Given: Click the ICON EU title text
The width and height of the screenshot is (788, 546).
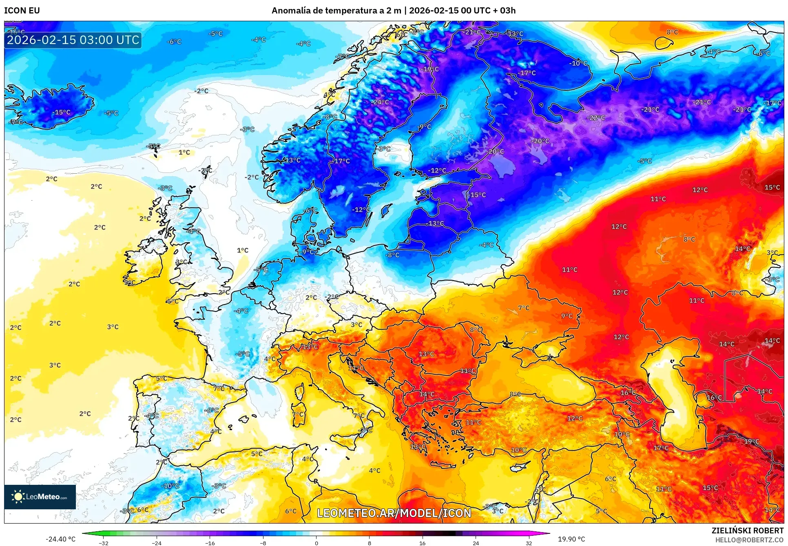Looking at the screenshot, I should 22,11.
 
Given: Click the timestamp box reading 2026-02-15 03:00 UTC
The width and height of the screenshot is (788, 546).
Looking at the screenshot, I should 73,40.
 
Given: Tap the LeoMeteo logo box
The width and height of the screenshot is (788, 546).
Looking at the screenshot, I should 40,497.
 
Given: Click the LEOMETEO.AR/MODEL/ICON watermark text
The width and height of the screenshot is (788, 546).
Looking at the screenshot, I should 394,513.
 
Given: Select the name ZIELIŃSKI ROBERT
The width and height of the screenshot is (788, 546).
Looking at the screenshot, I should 747,531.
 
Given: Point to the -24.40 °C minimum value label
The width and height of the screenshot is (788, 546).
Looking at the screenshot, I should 60,539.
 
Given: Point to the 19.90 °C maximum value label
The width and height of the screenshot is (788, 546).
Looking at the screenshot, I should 571,539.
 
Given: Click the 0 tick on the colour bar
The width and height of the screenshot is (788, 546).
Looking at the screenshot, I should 316,543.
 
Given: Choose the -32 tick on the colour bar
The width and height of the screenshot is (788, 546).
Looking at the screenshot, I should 104,543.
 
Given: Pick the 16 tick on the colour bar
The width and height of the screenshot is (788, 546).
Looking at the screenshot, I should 422,543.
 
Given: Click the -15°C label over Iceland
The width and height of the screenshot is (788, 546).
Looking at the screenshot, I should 62,112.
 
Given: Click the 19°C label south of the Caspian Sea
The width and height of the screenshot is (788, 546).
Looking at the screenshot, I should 752,442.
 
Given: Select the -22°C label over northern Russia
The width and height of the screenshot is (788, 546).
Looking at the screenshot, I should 596,117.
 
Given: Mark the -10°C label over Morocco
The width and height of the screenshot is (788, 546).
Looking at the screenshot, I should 170,486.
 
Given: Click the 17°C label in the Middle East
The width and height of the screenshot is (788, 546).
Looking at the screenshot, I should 661,448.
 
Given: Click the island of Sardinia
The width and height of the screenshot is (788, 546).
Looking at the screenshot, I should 299,414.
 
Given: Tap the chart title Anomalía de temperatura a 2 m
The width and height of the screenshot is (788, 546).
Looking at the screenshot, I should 336,11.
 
